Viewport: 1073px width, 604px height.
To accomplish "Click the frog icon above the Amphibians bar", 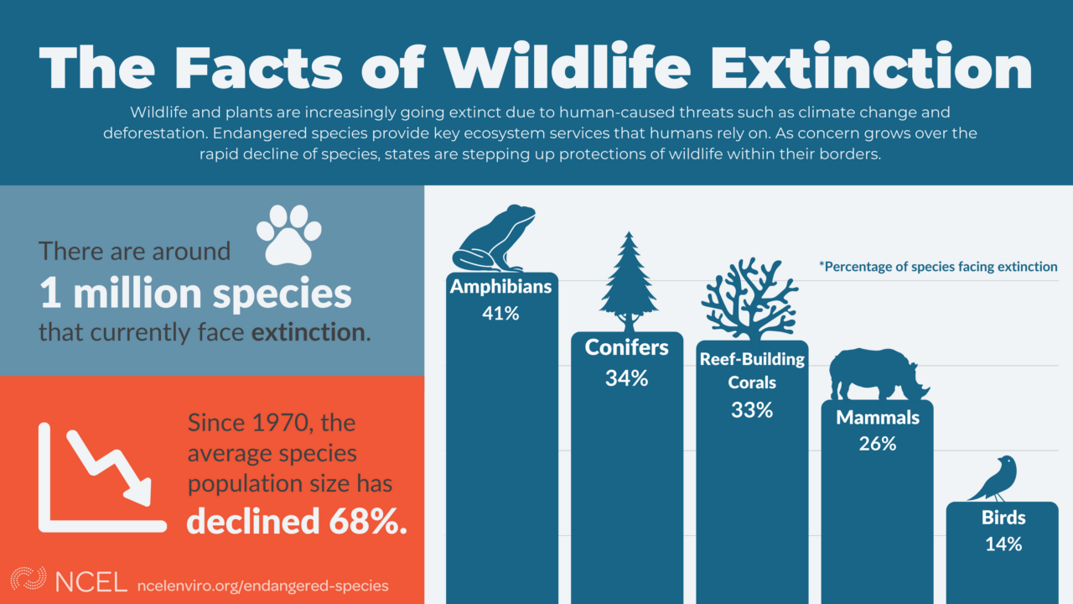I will pos(495,239).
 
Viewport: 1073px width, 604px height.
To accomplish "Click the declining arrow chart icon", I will pos(101,477).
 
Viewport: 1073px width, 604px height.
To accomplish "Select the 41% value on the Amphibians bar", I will pos(500,314).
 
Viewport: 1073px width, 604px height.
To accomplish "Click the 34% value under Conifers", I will pos(627,378).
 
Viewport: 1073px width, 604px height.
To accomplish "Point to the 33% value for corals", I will pos(752,410).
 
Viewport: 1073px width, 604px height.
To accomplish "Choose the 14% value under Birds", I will pos(1003,544).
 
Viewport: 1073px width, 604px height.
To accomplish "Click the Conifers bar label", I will pos(627,346).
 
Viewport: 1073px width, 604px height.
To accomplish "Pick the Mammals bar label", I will pos(878,417).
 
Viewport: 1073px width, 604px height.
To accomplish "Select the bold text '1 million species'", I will pos(195,294).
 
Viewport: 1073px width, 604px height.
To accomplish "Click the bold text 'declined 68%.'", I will pos(297,521).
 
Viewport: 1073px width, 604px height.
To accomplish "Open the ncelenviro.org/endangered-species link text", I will pos(262,585).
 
